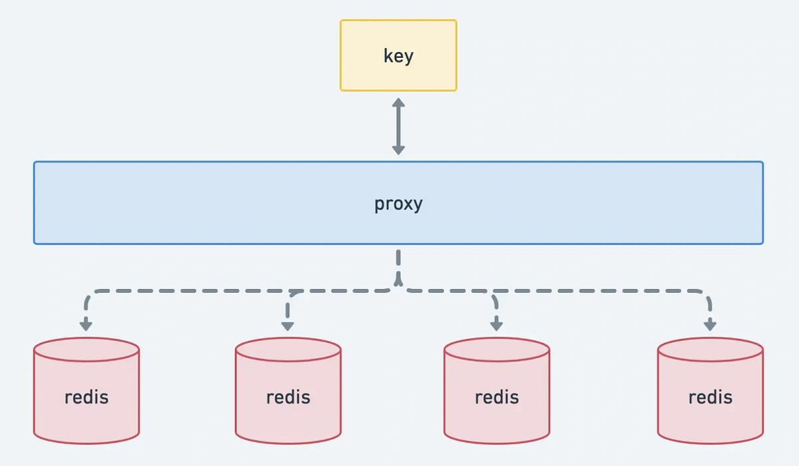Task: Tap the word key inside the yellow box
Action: pos(398,56)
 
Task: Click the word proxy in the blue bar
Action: pos(398,203)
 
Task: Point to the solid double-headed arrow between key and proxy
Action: pos(398,126)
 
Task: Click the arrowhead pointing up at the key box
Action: pos(398,104)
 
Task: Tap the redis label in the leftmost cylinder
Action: pos(87,397)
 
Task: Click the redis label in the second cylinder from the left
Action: pos(288,397)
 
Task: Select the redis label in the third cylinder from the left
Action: pos(497,397)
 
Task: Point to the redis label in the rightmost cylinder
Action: pos(710,397)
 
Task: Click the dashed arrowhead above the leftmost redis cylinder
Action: pos(85,325)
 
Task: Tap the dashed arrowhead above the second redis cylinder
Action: pos(288,325)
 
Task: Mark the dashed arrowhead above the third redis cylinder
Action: pos(496,325)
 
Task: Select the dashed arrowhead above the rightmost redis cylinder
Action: pos(710,325)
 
